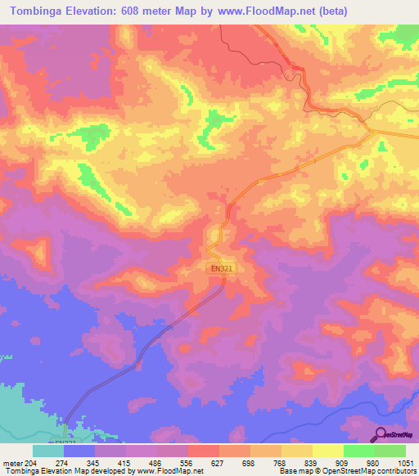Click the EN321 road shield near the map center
215,267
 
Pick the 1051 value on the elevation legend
405,464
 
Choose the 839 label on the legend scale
311,464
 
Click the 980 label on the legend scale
374,464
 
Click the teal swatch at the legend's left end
47,451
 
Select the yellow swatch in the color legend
327,451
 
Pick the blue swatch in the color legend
79,451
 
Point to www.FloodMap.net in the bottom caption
177,471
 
